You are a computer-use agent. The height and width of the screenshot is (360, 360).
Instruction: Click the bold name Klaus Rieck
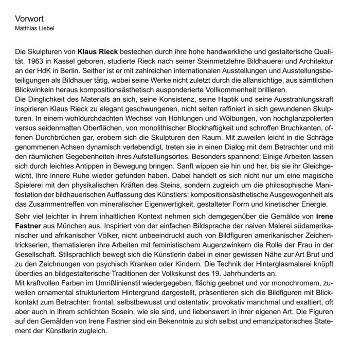coord(98,52)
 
